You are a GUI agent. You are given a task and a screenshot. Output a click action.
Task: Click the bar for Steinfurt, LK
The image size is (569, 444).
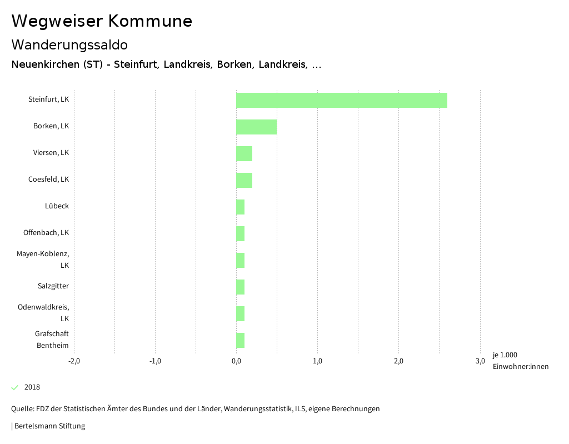tap(342, 100)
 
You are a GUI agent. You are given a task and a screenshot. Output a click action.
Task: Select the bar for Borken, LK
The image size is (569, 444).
tap(256, 127)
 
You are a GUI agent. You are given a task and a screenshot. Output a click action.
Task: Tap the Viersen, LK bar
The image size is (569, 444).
tap(244, 153)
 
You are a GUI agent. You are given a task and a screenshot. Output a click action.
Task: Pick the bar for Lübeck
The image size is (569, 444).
tap(240, 207)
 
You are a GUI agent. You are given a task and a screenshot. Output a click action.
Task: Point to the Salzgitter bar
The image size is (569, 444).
tap(240, 287)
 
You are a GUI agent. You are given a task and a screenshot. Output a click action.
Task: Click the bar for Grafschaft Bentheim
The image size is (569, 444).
tap(240, 340)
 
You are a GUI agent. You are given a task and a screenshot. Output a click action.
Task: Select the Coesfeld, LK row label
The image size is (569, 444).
tap(49, 179)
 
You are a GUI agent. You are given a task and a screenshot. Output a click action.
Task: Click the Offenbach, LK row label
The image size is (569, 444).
tap(46, 233)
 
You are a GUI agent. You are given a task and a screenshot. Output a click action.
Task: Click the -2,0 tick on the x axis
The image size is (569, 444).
tap(74, 361)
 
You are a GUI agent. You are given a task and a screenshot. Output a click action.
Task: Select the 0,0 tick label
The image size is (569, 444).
tap(236, 361)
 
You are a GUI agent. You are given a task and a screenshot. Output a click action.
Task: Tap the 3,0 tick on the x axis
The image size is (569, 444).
tap(480, 361)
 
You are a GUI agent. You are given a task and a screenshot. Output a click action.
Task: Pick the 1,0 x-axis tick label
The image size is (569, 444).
tap(317, 361)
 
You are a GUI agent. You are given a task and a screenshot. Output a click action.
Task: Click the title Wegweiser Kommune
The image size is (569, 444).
tap(102, 21)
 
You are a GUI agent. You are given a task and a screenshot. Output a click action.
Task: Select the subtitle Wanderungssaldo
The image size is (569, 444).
tap(69, 44)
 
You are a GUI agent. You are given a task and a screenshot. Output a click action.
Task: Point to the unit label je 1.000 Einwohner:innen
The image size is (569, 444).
tap(520, 361)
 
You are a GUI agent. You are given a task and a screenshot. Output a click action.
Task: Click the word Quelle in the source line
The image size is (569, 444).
tap(22, 409)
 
